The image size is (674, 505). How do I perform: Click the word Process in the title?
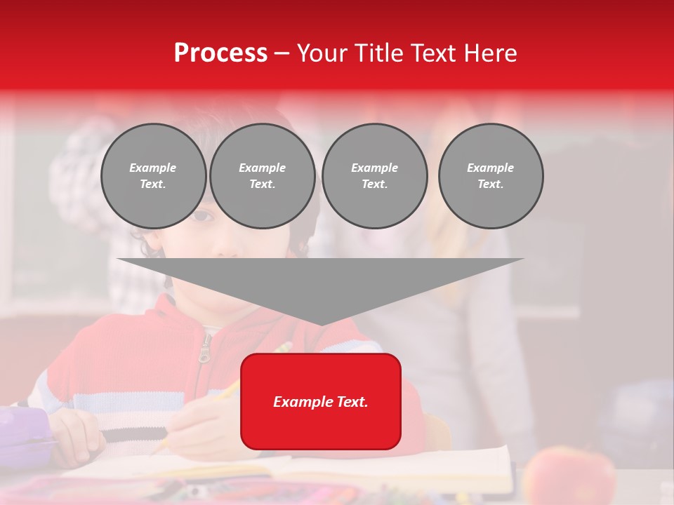[220, 53]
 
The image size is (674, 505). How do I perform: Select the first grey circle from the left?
[153, 176]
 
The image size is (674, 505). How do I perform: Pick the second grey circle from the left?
[263, 176]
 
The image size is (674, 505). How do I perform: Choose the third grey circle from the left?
[374, 176]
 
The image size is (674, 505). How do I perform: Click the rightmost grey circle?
[491, 176]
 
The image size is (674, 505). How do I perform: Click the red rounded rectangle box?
[321, 401]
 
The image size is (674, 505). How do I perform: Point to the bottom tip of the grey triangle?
[321, 325]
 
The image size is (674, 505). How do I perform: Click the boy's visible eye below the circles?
[203, 216]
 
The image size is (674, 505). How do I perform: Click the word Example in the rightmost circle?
[490, 168]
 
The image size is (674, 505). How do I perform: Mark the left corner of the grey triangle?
[118, 259]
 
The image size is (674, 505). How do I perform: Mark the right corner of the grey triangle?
[523, 259]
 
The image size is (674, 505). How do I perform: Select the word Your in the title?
[322, 53]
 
